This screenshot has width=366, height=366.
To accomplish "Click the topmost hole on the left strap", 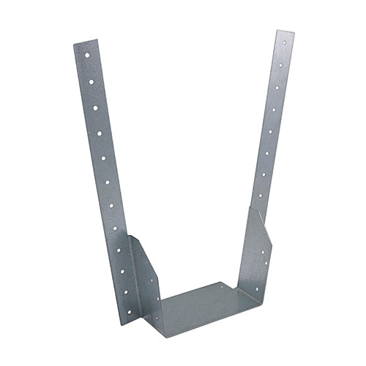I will [x=86, y=54].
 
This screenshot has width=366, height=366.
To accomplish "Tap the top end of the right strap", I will [x=285, y=34].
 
